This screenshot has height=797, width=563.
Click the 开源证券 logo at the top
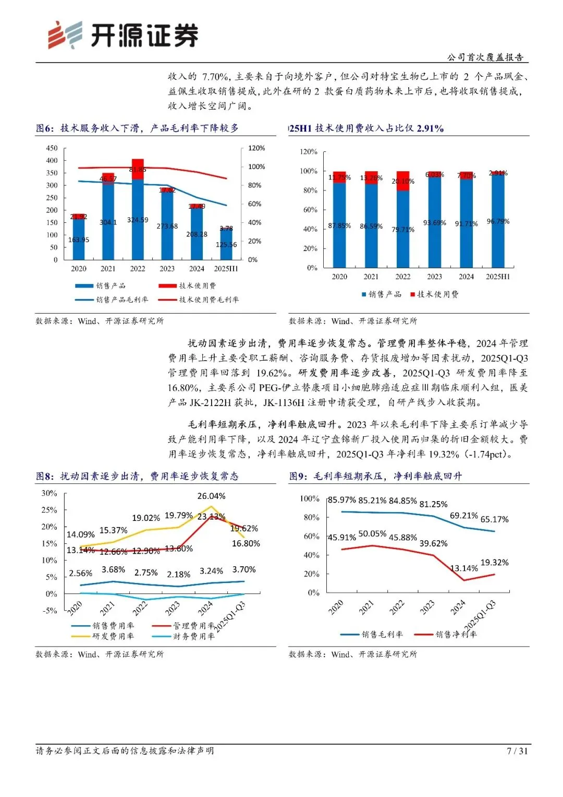[x=123, y=35]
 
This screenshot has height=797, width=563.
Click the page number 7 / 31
[x=517, y=751]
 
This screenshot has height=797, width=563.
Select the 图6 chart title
[x=137, y=128]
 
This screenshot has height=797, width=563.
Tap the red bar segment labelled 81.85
[x=138, y=169]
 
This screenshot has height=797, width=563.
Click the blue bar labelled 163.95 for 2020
[x=79, y=240]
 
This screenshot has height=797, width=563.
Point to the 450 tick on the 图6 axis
[x=52, y=148]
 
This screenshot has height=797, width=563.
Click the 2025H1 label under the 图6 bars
[x=226, y=269]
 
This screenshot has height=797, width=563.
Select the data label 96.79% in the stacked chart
[x=498, y=221]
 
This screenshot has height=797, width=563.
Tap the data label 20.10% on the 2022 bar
[x=403, y=181]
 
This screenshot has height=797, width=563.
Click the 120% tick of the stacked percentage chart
[x=309, y=152]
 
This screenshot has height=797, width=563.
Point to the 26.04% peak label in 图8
[x=211, y=496]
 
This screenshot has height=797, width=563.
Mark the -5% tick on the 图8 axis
[x=50, y=611]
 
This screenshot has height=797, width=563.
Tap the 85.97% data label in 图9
[x=342, y=500]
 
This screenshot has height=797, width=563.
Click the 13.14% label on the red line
[x=464, y=568]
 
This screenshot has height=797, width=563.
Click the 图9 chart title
[x=375, y=476]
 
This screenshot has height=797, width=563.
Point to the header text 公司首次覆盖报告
[x=485, y=57]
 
